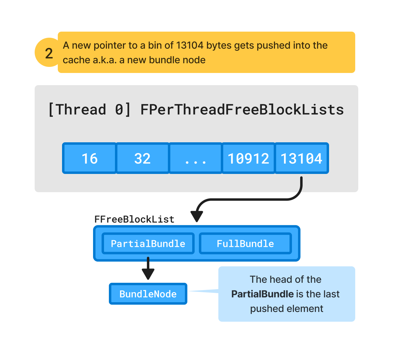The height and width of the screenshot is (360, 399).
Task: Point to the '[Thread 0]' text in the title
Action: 89,109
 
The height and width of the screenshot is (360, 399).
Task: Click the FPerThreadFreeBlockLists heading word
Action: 242,109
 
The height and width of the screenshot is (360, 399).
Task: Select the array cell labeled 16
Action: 89,158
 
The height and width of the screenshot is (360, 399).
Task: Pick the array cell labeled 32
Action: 142,158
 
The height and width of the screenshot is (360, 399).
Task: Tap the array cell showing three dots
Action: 195,158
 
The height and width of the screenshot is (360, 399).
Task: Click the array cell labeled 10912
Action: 248,158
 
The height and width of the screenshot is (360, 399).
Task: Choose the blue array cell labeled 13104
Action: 301,158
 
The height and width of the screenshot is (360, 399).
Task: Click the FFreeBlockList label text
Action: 134,219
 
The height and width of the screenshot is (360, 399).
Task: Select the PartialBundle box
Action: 148,244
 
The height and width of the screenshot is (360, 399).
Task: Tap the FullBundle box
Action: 245,244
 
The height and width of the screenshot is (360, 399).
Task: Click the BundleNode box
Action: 148,294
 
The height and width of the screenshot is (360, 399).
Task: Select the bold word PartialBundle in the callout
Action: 262,294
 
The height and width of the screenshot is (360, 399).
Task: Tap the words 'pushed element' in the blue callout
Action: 286,309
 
